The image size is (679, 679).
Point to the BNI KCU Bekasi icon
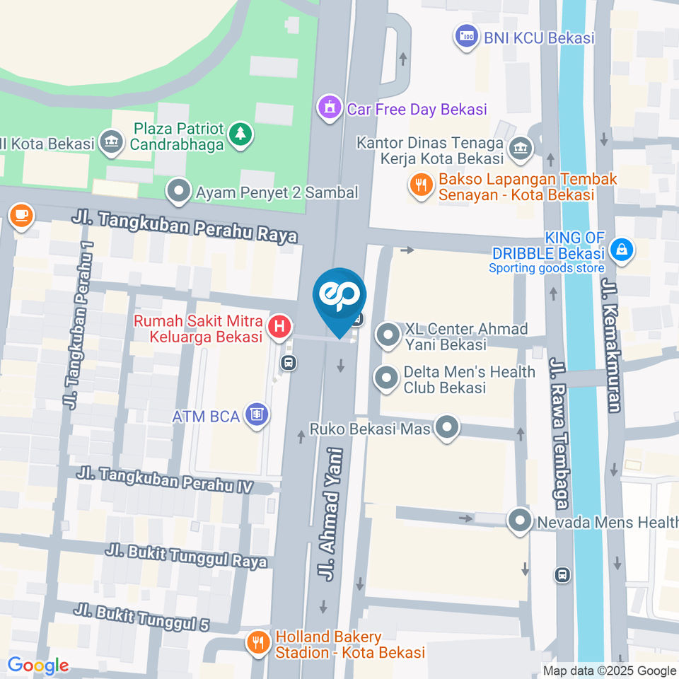pyautogui.click(x=466, y=37)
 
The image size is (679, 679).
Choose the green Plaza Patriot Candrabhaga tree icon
pyautogui.click(x=241, y=134)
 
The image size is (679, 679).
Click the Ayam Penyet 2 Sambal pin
pyautogui.click(x=178, y=191)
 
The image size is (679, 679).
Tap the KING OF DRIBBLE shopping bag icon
pyautogui.click(x=621, y=250)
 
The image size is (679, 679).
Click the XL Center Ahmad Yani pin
pyautogui.click(x=388, y=336)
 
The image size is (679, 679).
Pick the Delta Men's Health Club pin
pyautogui.click(x=387, y=378)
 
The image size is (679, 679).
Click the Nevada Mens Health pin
pyautogui.click(x=521, y=522)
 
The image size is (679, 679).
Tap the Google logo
pyautogui.click(x=38, y=665)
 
